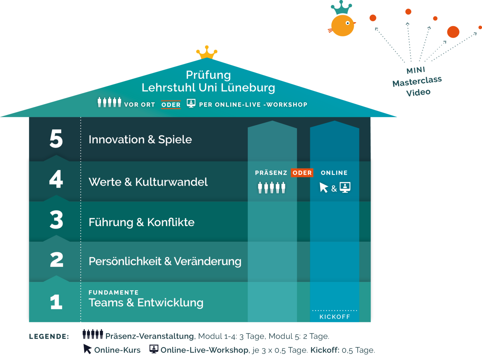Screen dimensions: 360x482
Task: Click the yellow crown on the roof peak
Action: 207,52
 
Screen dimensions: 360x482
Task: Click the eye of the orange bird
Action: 348,23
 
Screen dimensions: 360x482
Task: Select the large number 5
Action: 56,139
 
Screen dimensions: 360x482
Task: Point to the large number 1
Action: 56,302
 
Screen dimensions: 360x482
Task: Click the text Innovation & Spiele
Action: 140,139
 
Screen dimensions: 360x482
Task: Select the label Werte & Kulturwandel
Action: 148,182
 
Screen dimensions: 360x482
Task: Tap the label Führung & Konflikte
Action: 141,222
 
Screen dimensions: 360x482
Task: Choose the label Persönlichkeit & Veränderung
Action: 165,261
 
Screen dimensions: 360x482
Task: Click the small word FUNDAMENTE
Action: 114,293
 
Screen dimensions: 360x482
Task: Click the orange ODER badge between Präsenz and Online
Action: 302,173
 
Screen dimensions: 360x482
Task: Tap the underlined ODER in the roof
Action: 171,105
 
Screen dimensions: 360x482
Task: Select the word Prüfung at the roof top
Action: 208,75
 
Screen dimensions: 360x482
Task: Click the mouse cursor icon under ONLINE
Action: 324,187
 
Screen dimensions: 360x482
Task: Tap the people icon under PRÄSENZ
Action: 271,187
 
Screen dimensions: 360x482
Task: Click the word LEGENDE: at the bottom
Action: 49,337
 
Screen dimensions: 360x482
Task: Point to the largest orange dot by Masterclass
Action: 453,32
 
